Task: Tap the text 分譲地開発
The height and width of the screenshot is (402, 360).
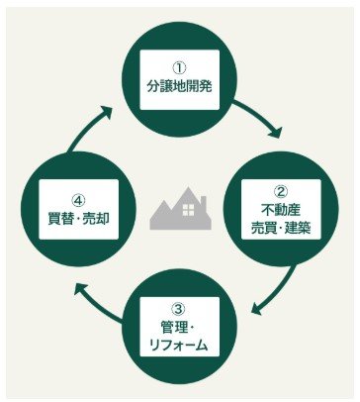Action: coord(180,86)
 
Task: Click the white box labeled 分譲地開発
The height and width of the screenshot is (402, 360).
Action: coord(180,78)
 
